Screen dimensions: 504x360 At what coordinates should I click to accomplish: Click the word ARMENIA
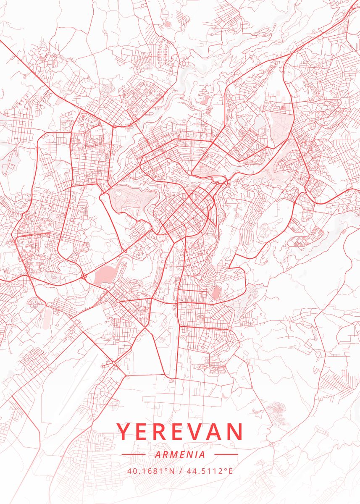pos(180,454)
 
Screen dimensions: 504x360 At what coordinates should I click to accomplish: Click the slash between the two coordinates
pos(180,470)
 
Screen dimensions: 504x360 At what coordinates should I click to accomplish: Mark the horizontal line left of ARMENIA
pos(133,454)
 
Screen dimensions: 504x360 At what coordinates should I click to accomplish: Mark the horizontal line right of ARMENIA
pos(226,454)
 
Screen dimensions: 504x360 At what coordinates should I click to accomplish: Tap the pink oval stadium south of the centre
pos(216,293)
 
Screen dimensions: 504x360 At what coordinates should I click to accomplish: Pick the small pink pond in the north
pos(205,100)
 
